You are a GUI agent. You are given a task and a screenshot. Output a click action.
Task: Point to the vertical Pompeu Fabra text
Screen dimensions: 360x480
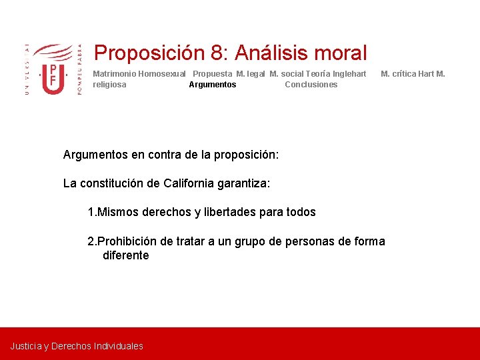(x=80, y=70)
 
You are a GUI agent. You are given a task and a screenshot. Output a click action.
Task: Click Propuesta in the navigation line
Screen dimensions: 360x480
(x=213, y=74)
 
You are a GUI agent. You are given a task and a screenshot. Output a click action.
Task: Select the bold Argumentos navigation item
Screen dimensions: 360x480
(x=212, y=85)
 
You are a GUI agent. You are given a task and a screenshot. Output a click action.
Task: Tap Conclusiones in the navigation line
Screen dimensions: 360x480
(x=311, y=85)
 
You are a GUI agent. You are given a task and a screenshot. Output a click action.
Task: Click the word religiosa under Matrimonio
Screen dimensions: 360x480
(x=109, y=85)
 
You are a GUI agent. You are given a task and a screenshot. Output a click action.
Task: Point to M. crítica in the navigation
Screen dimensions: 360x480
(x=398, y=74)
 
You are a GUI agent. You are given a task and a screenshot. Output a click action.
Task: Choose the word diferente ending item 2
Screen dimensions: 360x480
(x=125, y=255)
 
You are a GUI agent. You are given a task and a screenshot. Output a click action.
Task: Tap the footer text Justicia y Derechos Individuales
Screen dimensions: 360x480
(x=77, y=346)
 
